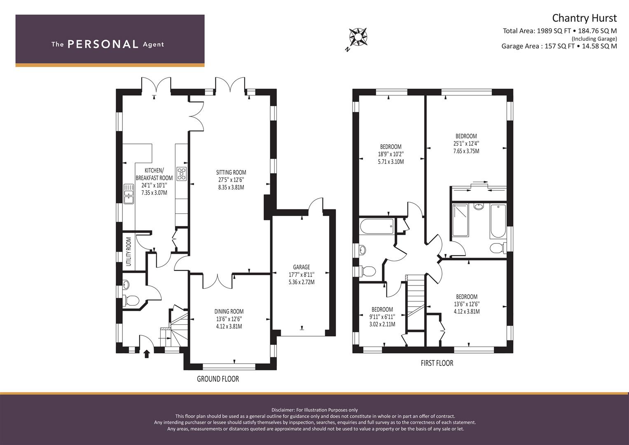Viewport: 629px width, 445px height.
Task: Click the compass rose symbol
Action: pyautogui.click(x=358, y=37)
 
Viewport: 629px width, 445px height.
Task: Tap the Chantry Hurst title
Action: pyautogui.click(x=585, y=18)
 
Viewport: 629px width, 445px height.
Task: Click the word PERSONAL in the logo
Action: pyautogui.click(x=103, y=44)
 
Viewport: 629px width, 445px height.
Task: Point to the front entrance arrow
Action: pyautogui.click(x=146, y=354)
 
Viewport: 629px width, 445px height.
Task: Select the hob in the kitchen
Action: pyautogui.click(x=181, y=174)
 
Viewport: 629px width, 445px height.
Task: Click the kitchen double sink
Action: pyautogui.click(x=129, y=194)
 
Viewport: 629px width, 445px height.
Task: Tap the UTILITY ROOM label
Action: pyautogui.click(x=129, y=251)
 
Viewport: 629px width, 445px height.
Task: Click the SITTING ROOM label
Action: pyautogui.click(x=231, y=173)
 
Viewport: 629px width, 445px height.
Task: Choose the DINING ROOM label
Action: pyautogui.click(x=229, y=311)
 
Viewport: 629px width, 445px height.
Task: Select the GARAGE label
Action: pyautogui.click(x=301, y=267)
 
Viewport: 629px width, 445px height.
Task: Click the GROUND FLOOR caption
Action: pyautogui.click(x=218, y=379)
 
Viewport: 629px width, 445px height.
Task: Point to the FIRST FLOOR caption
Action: pyautogui.click(x=437, y=363)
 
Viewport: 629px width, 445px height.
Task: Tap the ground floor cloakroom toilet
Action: pyautogui.click(x=131, y=300)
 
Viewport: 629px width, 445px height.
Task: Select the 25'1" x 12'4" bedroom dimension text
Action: pyautogui.click(x=466, y=143)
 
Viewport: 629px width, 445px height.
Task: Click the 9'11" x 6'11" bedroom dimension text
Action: pyautogui.click(x=382, y=317)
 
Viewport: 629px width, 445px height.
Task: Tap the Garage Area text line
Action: pyautogui.click(x=559, y=46)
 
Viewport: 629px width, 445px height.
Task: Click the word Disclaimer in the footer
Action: pyautogui.click(x=283, y=410)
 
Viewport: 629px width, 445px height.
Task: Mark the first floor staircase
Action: pyautogui.click(x=415, y=302)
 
